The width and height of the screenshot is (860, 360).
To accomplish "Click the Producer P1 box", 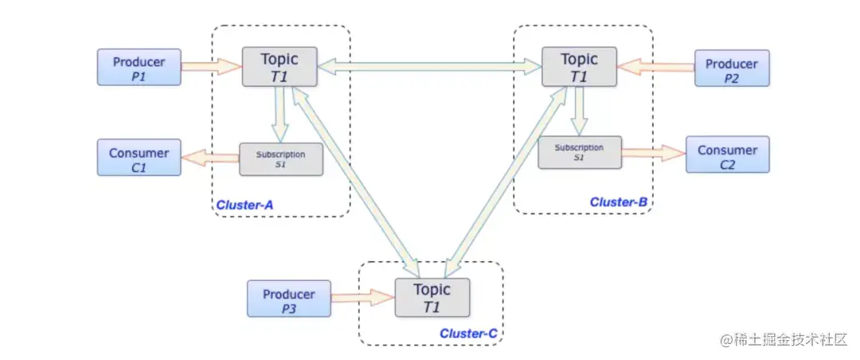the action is tap(139, 67).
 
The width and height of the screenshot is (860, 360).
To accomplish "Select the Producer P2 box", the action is tap(732, 68).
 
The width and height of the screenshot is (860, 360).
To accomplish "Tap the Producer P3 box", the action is tap(289, 299).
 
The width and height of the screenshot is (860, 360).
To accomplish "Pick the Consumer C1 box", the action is tap(139, 158).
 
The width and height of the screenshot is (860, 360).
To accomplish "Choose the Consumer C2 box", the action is tap(727, 155).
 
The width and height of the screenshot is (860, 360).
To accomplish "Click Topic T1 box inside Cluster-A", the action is tap(279, 66).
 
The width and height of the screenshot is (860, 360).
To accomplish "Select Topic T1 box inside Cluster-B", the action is tap(579, 66).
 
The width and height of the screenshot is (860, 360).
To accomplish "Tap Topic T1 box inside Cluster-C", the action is tap(432, 297).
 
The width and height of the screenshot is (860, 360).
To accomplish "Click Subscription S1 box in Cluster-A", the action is tap(281, 159).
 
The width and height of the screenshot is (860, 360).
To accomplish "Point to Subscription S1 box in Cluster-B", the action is tap(580, 152).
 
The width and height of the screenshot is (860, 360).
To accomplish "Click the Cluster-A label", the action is tap(244, 205).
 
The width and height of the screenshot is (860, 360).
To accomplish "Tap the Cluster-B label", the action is tap(619, 202).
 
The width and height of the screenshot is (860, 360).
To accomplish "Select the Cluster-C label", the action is tap(468, 333).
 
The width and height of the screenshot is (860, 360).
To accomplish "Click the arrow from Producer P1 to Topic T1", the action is tap(212, 66).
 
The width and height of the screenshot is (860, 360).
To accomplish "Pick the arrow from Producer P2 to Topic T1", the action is tap(655, 67).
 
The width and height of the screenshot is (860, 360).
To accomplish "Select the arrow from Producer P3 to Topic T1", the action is tap(363, 298).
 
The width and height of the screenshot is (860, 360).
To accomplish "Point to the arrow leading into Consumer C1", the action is tap(210, 158).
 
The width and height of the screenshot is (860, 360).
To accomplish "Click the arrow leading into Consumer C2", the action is tap(654, 153).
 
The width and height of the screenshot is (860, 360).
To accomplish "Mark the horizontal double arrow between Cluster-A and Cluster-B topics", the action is tap(429, 66).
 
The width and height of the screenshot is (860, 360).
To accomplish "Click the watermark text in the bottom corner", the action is tap(784, 340).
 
